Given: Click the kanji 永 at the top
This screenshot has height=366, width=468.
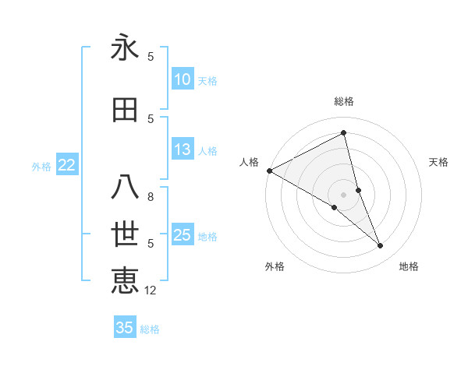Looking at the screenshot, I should pyautogui.click(x=125, y=48).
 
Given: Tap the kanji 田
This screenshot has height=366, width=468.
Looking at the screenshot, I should pyautogui.click(x=125, y=110).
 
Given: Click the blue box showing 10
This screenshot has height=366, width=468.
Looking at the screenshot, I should pyautogui.click(x=183, y=79).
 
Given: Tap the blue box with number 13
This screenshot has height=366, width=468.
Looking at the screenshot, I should pyautogui.click(x=183, y=150).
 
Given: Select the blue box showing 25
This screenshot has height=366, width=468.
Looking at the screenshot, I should pyautogui.click(x=183, y=235).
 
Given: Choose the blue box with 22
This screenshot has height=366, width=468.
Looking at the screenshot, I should pyautogui.click(x=67, y=165).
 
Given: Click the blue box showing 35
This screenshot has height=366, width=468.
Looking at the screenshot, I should pyautogui.click(x=125, y=328).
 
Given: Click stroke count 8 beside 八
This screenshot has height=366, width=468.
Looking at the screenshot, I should pyautogui.click(x=151, y=197).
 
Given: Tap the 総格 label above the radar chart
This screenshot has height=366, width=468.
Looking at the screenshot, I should pyautogui.click(x=344, y=101).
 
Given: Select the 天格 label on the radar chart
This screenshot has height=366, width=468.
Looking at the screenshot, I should pyautogui.click(x=439, y=162).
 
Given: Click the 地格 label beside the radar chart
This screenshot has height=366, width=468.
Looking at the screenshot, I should pyautogui.click(x=409, y=266).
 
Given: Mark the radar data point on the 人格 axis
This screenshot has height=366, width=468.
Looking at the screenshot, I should pyautogui.click(x=269, y=170).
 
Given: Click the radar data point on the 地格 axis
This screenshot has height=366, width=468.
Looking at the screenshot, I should pyautogui.click(x=381, y=246).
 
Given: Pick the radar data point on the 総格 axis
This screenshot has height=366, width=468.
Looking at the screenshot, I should pyautogui.click(x=344, y=133).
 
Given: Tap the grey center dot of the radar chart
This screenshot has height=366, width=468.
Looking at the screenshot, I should pyautogui.click(x=344, y=194).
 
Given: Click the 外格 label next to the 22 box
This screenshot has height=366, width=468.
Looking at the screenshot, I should pyautogui.click(x=41, y=166).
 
